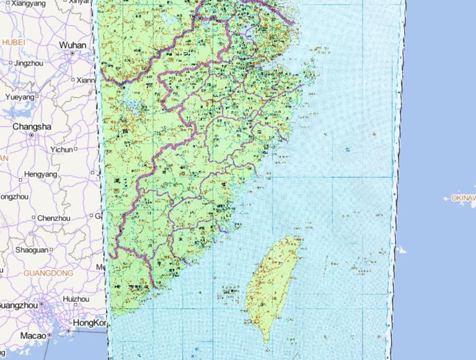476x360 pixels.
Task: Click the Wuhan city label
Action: (x=73, y=45)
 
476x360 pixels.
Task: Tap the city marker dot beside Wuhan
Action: (x=73, y=54)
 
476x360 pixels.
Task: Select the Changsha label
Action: (x=32, y=127)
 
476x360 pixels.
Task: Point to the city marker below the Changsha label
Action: (x=32, y=135)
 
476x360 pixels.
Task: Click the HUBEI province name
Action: (x=13, y=42)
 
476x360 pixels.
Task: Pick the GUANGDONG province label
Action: (x=48, y=273)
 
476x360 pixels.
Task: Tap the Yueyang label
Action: (x=20, y=97)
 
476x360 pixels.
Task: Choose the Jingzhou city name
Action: (x=29, y=63)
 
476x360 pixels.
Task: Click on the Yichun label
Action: (x=61, y=149)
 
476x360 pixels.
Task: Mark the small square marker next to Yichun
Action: (x=76, y=149)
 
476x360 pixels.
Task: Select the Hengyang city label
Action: (x=40, y=175)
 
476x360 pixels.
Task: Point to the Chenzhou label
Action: (x=53, y=218)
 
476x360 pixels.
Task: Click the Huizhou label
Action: (x=76, y=299)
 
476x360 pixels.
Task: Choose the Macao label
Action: (x=32, y=335)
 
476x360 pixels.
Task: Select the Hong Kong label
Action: (x=90, y=323)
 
